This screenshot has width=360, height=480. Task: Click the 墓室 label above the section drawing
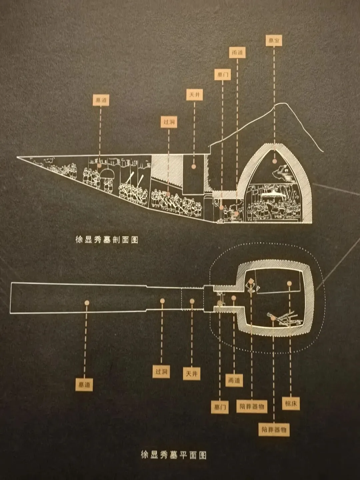coord(274,41)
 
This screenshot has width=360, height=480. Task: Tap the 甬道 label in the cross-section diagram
coord(237,52)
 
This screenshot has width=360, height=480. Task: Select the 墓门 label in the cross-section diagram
coord(222,74)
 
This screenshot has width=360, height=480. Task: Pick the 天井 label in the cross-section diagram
coord(194,95)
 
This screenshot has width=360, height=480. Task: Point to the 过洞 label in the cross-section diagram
coord(169,122)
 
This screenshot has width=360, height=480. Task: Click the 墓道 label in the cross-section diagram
coord(100,100)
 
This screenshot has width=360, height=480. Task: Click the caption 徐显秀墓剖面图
coord(107,240)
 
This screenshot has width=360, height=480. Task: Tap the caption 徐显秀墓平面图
coord(174,455)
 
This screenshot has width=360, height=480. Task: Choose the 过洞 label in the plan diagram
coord(161,371)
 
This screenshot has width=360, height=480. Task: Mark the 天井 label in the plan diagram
coord(191,374)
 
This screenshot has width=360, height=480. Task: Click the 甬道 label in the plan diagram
coord(234,380)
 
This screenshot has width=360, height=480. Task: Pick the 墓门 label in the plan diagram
coord(220,407)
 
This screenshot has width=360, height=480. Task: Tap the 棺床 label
coord(291,404)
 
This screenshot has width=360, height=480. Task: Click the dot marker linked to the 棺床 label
coord(289,283)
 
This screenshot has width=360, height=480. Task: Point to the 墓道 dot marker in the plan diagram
coord(87,303)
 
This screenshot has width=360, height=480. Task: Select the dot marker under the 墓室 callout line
coord(274,161)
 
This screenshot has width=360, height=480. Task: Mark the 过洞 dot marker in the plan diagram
coord(162,301)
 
